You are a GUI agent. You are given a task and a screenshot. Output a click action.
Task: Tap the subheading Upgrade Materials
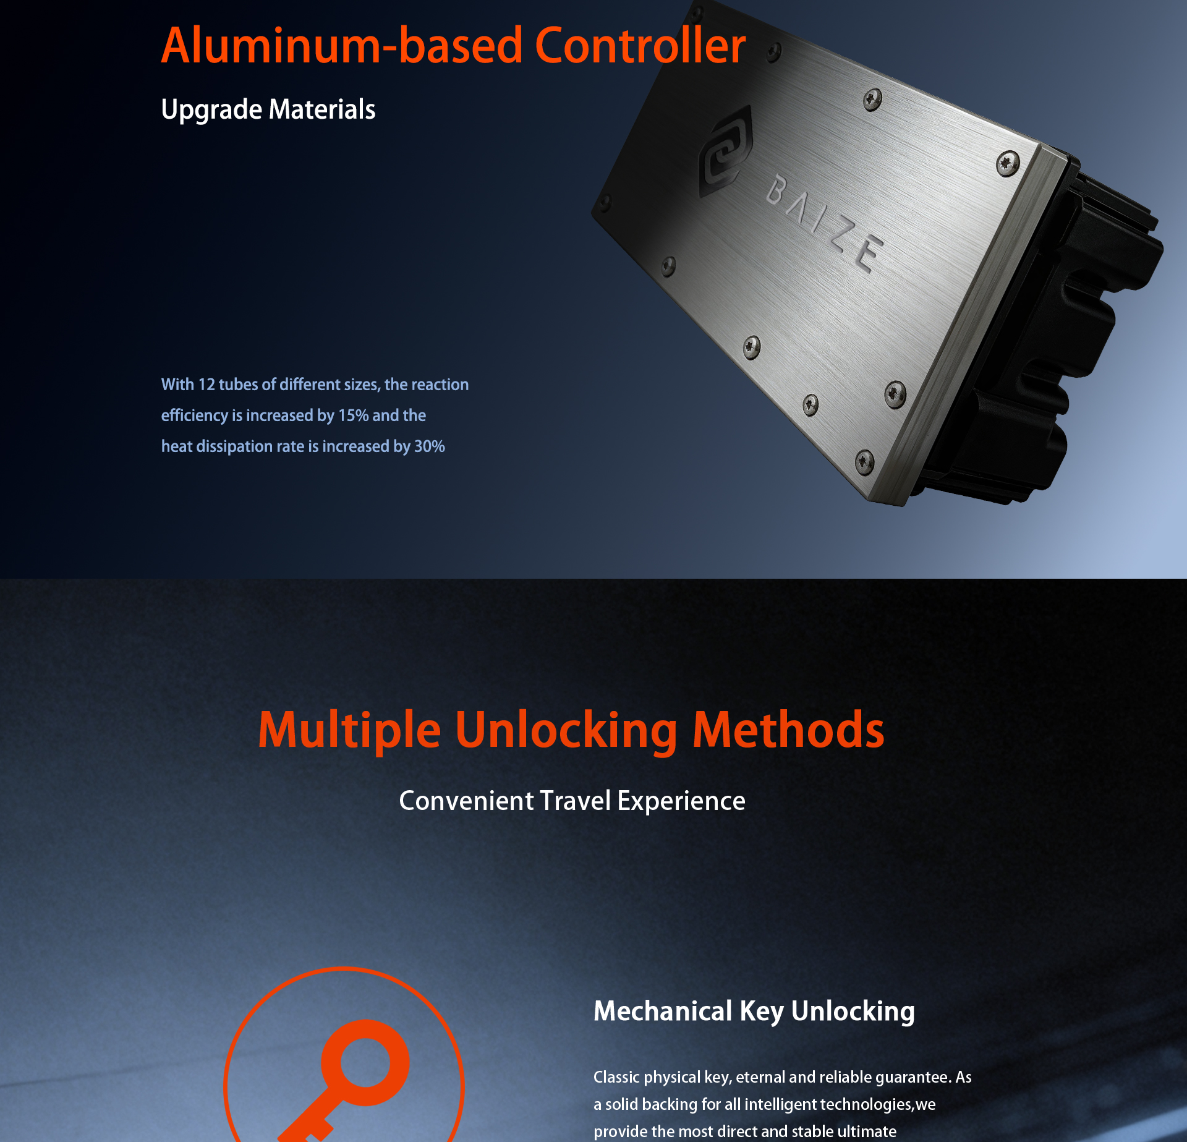[268, 109]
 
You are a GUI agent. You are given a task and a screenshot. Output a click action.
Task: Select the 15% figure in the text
[353, 415]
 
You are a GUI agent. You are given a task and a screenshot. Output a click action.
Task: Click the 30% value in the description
[430, 446]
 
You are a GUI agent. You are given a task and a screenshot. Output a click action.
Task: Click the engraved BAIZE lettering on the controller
[825, 223]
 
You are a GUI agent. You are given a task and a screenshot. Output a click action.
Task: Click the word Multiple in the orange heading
[349, 730]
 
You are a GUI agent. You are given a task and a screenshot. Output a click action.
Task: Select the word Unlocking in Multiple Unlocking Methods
[566, 730]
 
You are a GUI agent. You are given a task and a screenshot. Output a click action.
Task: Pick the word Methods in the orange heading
[788, 730]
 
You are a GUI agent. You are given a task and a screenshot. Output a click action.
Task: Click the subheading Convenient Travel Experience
[572, 801]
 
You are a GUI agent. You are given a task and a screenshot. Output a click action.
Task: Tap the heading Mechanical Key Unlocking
[754, 1012]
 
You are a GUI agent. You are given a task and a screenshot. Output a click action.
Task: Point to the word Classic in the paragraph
[616, 1077]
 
